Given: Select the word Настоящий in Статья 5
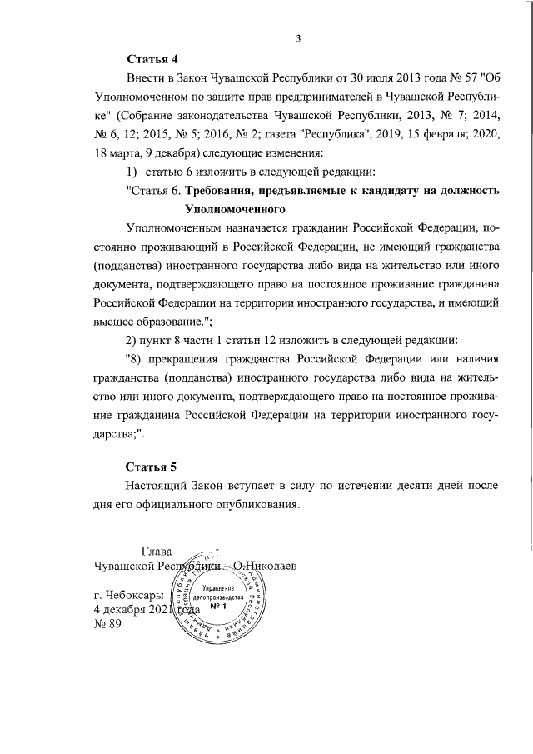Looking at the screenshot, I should [x=157, y=485].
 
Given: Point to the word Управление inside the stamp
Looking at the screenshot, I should [x=217, y=587].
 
